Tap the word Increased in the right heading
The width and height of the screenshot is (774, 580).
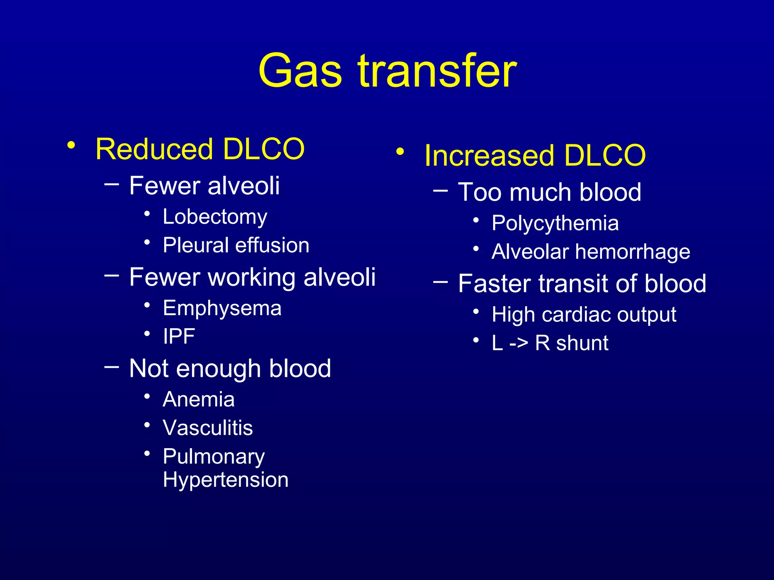(x=489, y=155)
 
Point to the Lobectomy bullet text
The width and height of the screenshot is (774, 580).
(x=215, y=217)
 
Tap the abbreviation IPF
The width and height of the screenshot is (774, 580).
(x=179, y=336)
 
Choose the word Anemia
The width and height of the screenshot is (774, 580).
(x=198, y=400)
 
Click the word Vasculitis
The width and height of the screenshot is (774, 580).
(x=207, y=428)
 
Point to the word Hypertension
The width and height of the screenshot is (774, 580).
(x=226, y=480)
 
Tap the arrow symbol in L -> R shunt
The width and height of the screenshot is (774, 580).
(x=519, y=343)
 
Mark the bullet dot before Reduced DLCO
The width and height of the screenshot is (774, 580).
(x=71, y=145)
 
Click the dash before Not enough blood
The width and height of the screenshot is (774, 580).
(x=111, y=366)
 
